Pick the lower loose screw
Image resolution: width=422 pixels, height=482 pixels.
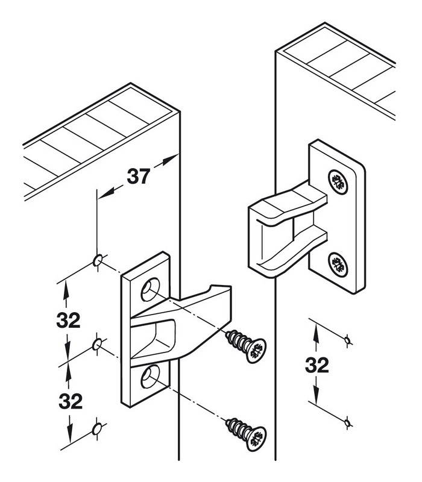click(247, 431)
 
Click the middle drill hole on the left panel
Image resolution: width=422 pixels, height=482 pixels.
click(96, 345)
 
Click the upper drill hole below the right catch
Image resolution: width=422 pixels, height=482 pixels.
click(347, 341)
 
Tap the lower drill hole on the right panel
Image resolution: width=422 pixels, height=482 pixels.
click(347, 423)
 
